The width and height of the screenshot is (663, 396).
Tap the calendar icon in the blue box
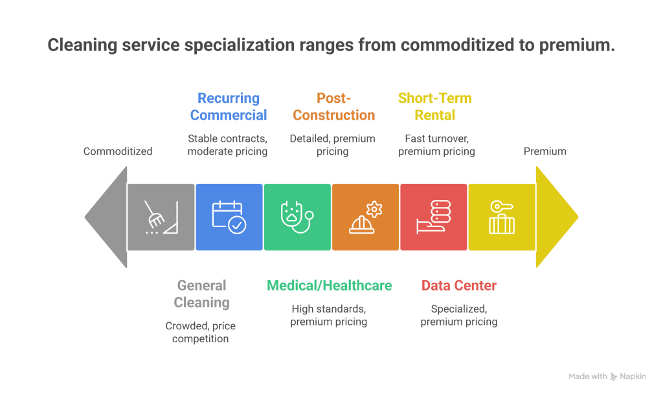[229, 217]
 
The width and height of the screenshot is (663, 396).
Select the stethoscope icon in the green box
[297, 217]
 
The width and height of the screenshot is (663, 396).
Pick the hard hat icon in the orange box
[365, 217]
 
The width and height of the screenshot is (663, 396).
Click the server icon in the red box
[433, 217]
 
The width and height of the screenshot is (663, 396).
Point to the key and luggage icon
[502, 217]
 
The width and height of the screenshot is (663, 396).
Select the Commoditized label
[118, 151]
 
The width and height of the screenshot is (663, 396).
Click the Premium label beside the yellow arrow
[545, 151]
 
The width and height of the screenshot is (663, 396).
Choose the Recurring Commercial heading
[229, 107]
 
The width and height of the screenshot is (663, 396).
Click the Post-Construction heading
[333, 107]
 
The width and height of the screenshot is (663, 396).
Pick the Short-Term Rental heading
[434, 107]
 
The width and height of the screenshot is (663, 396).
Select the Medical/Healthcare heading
[330, 285]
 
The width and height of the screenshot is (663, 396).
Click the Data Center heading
[459, 285]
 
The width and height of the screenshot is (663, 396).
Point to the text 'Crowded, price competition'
[201, 332]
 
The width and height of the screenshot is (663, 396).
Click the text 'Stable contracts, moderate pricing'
[228, 145]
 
